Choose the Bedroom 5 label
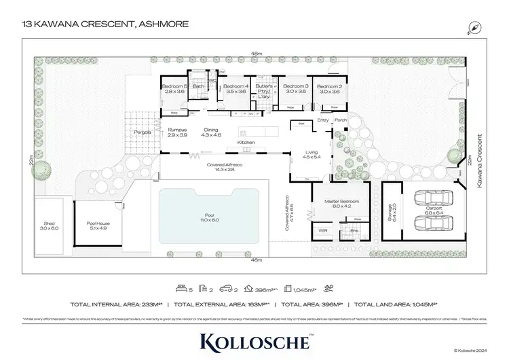coord(174,87)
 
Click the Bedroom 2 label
coord(329,87)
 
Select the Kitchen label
coord(245,141)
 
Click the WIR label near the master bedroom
coord(323,232)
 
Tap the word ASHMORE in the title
coord(162,25)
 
